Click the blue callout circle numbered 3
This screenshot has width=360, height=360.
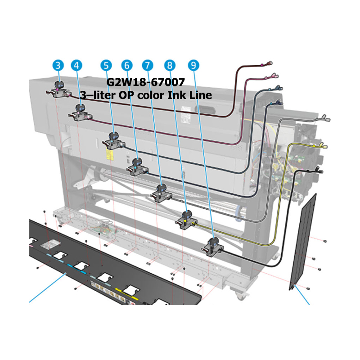[58, 65]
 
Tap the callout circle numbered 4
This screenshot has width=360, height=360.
[76, 65]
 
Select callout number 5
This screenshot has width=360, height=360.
[106, 65]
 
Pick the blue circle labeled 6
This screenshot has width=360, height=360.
[127, 65]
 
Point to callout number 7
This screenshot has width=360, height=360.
[148, 65]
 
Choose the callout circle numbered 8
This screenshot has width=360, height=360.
[170, 65]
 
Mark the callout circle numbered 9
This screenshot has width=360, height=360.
[193, 65]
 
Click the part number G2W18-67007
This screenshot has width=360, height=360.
[145, 82]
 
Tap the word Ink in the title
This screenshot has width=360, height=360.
[176, 95]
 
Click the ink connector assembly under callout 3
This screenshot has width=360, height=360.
[59, 90]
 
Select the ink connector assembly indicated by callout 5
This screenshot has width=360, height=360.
[114, 141]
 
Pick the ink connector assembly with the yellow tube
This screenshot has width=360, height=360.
[186, 220]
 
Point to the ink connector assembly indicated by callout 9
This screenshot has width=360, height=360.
[212, 247]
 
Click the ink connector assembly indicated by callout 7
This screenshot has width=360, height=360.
[161, 193]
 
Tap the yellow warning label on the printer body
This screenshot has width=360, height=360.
[110, 154]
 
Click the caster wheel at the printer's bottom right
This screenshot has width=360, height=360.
[240, 296]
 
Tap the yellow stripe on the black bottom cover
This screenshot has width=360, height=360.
[127, 294]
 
